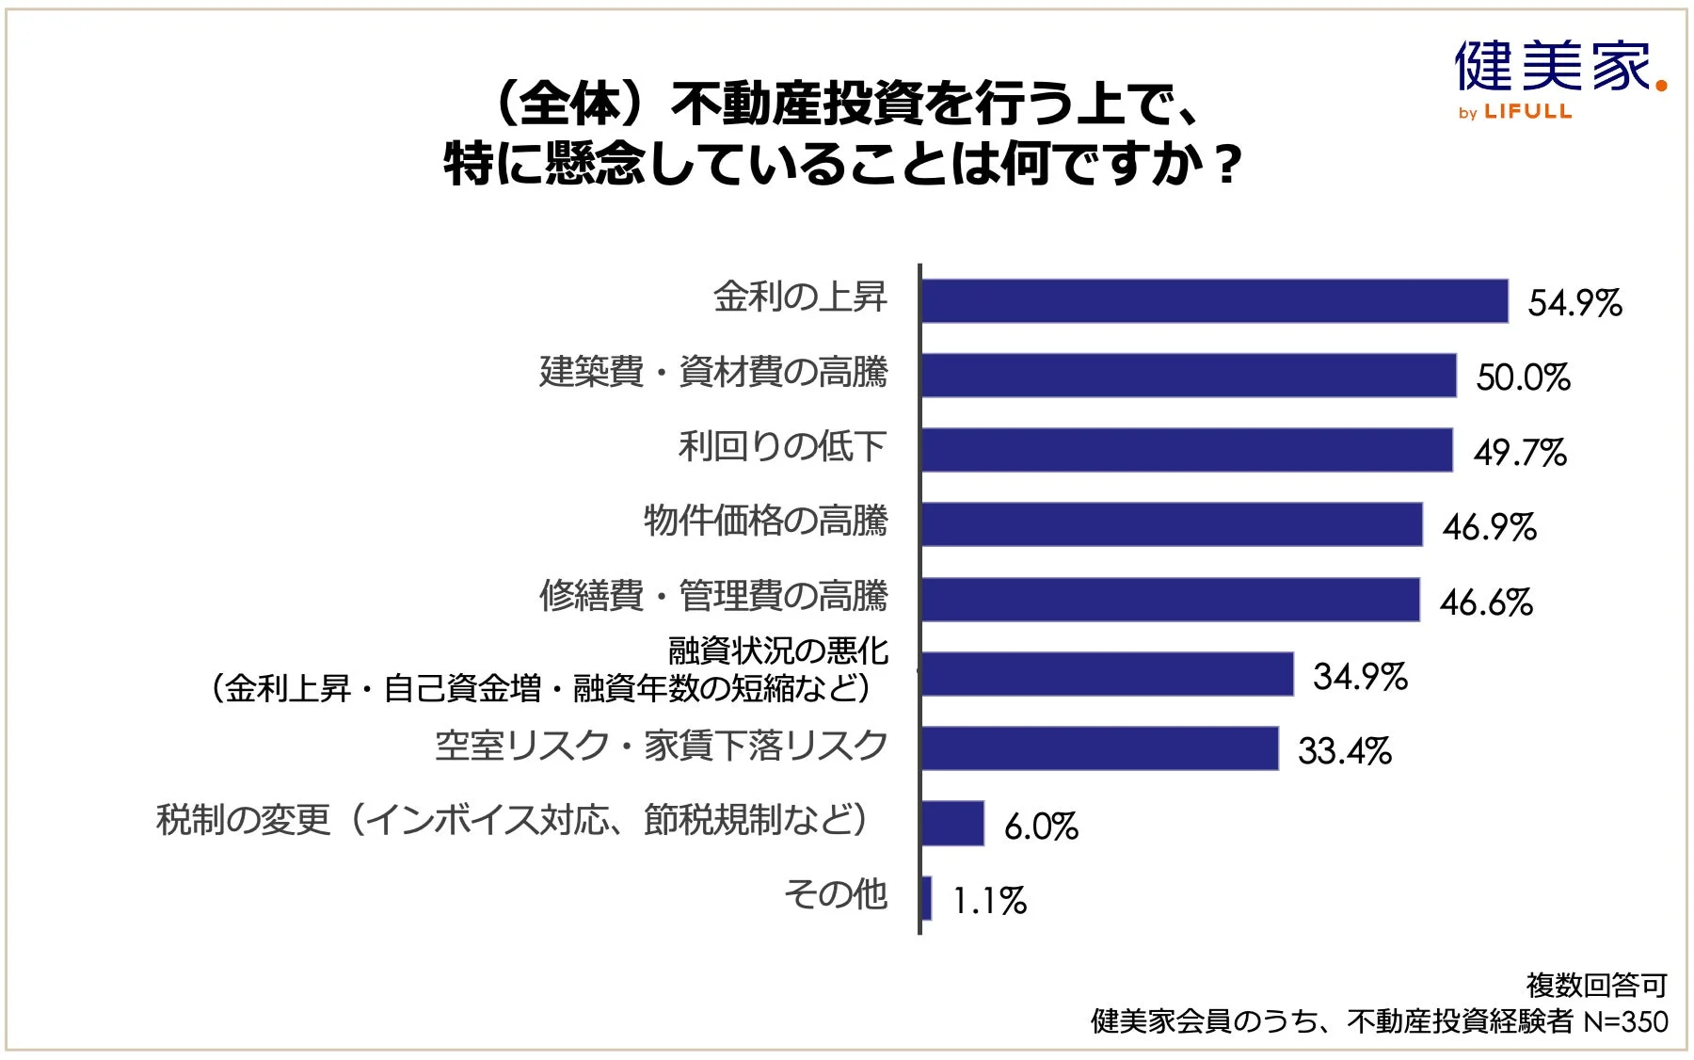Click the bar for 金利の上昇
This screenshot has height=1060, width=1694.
(1214, 301)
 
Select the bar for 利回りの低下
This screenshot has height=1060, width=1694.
(1186, 450)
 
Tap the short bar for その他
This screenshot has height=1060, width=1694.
(926, 898)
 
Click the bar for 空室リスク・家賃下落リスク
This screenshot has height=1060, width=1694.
(1099, 749)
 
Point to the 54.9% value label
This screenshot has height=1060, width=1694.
(1574, 303)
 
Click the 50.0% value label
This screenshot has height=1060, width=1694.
(1523, 377)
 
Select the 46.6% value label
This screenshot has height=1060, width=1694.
(1486, 602)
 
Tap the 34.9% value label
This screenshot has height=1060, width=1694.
(1360, 676)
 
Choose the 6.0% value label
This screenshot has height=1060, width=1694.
(1041, 827)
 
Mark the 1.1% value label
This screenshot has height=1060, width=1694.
(989, 901)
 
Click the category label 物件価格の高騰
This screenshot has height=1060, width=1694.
(765, 521)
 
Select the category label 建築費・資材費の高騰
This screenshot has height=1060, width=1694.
(713, 372)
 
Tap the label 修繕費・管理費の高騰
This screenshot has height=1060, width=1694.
(713, 596)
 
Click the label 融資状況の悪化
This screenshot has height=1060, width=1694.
(777, 650)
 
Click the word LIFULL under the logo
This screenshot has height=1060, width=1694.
(1527, 111)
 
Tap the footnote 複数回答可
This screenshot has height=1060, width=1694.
(1596, 986)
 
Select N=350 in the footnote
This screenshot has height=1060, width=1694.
(1625, 1021)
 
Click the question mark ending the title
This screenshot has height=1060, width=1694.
(1226, 166)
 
